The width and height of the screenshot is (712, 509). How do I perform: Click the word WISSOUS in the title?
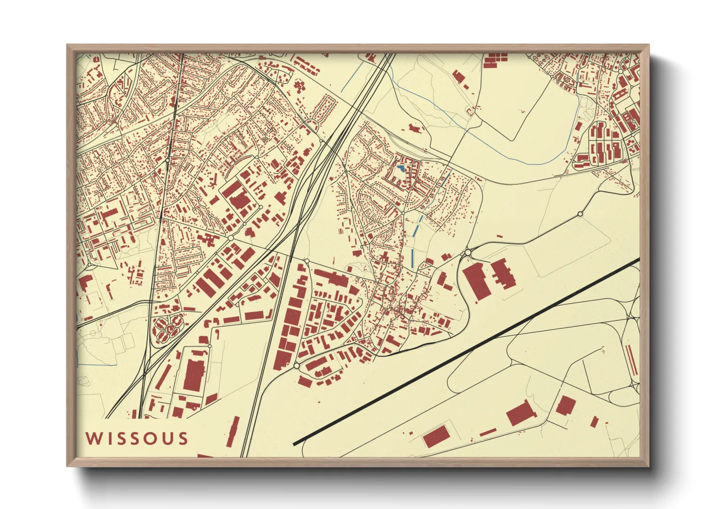click(x=137, y=438)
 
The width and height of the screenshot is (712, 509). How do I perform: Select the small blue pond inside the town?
click(x=401, y=169)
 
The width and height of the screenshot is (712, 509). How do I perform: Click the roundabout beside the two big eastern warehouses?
click(x=468, y=252)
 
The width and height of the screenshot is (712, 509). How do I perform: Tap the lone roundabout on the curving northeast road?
click(x=580, y=214)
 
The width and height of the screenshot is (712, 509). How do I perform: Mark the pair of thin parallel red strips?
click(x=631, y=359)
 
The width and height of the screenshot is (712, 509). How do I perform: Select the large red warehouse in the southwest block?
click(x=194, y=375)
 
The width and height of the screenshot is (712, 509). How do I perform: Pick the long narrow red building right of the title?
click(x=233, y=432)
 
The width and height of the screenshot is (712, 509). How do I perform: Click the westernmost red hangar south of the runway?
click(x=436, y=437)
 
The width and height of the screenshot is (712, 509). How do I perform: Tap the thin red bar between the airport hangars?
click(x=487, y=433)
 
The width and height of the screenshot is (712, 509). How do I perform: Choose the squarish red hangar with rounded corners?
click(x=565, y=406)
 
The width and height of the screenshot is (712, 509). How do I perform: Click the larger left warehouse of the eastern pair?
click(x=477, y=281)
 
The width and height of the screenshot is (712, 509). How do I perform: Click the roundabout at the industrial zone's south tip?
click(x=296, y=366)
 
